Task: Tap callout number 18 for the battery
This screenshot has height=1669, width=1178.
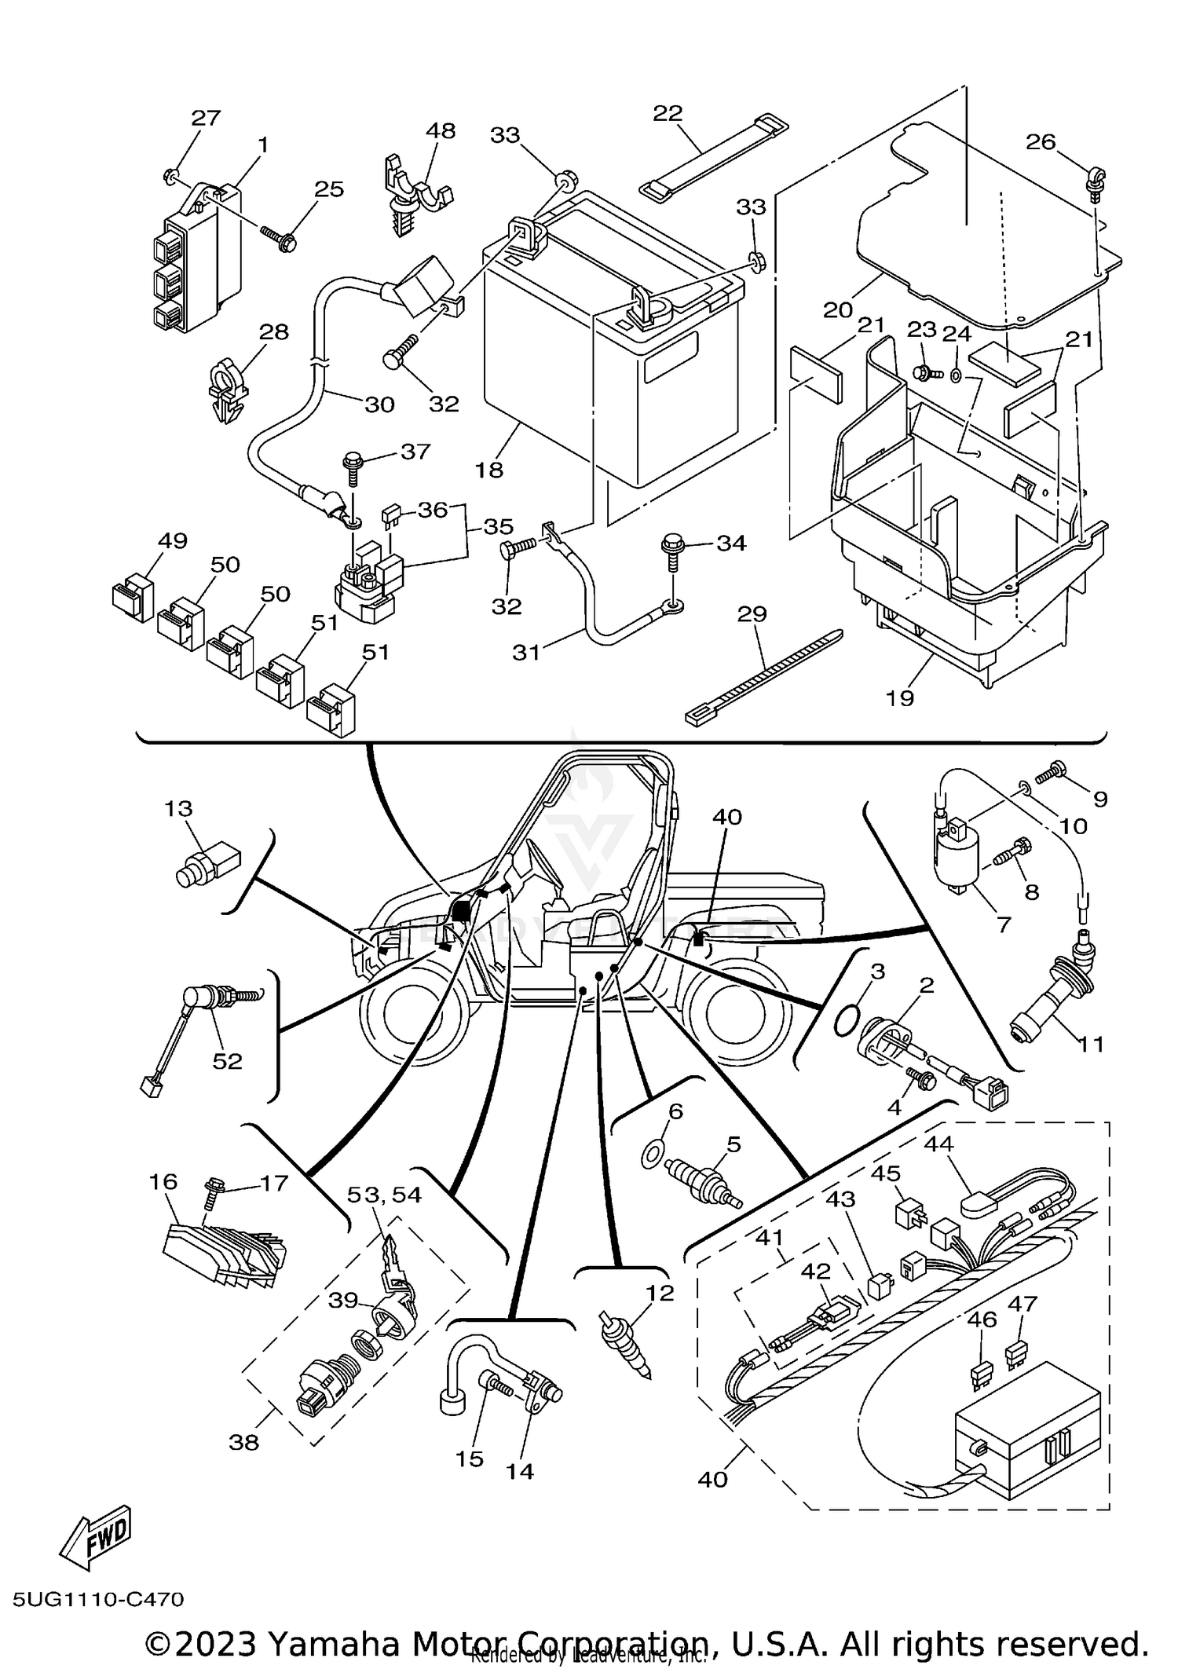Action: [488, 470]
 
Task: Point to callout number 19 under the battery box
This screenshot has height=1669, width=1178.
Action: [899, 697]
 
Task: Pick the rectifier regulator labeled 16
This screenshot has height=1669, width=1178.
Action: [223, 1257]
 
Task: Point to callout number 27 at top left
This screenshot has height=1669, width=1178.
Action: [206, 119]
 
